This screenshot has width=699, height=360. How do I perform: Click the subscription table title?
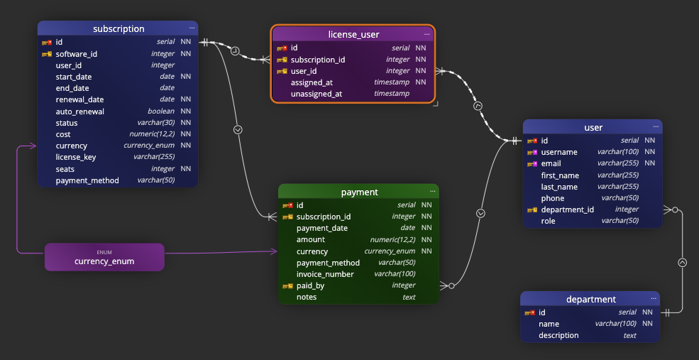click(119, 29)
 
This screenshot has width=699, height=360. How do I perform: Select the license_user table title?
click(353, 34)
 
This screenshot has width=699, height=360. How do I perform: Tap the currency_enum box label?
click(104, 261)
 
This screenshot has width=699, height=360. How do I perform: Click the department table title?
click(590, 300)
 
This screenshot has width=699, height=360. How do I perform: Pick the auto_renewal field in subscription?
click(80, 111)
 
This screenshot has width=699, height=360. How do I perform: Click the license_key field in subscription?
click(76, 157)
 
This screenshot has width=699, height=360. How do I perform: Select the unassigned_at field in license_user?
click(317, 94)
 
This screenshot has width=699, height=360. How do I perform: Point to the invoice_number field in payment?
click(325, 274)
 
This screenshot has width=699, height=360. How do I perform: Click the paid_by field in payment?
click(310, 285)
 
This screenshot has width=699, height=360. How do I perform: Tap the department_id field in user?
click(567, 209)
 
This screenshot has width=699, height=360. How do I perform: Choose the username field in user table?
click(559, 152)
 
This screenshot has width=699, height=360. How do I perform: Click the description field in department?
click(558, 335)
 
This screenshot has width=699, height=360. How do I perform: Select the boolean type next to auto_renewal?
click(161, 111)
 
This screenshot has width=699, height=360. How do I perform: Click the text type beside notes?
click(409, 297)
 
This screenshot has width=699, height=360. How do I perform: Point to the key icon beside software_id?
click(47, 54)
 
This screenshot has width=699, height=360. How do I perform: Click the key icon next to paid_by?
click(287, 285)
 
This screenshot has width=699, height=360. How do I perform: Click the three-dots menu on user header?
click(654, 127)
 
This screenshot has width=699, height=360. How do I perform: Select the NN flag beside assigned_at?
click(421, 82)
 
